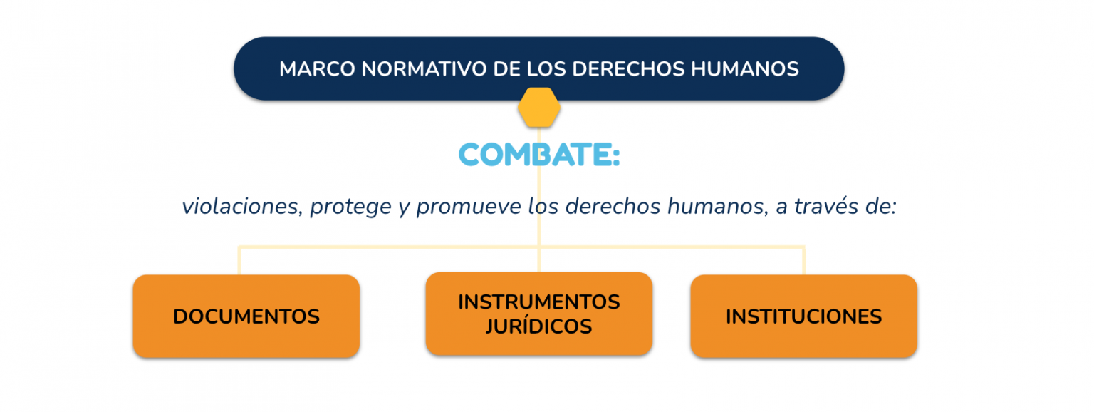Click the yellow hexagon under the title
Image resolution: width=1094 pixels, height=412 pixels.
tap(538, 108)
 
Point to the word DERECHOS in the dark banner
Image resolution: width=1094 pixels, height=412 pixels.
tap(628, 69)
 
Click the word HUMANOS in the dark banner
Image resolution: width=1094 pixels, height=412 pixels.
tap(745, 69)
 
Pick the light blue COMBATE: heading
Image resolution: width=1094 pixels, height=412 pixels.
tap(539, 155)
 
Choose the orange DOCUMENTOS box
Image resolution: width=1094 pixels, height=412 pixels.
tap(246, 316)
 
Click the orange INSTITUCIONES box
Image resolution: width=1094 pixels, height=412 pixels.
tap(804, 316)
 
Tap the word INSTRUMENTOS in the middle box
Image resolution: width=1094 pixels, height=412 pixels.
tap(539, 302)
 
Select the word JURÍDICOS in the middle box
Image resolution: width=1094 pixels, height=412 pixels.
tap(538, 326)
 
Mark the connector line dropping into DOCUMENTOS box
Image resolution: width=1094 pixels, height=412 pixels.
tap(239, 260)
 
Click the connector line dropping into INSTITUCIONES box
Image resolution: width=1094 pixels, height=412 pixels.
tap(803, 260)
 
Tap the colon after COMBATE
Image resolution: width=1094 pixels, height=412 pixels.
tap(615, 156)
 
